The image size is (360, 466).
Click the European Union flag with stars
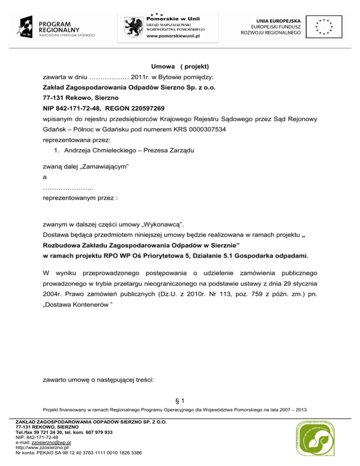pyautogui.click(x=324, y=27)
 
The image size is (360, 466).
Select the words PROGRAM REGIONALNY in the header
pyautogui.click(x=55, y=26)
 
